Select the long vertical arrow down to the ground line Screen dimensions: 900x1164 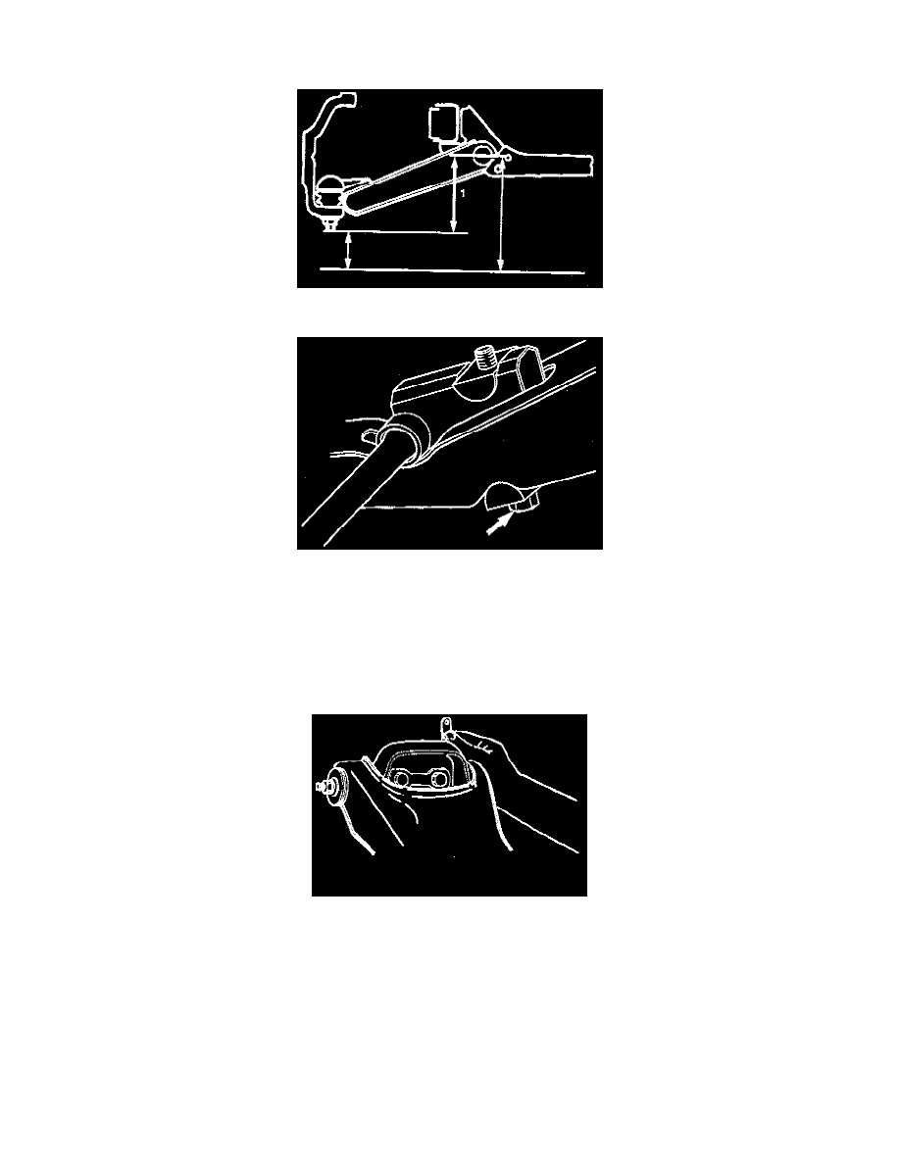(x=501, y=219)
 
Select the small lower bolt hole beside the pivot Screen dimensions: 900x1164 (x=497, y=170)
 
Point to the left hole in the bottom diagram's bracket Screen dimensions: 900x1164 (x=404, y=779)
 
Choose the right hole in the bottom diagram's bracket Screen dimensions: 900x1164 (x=438, y=779)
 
